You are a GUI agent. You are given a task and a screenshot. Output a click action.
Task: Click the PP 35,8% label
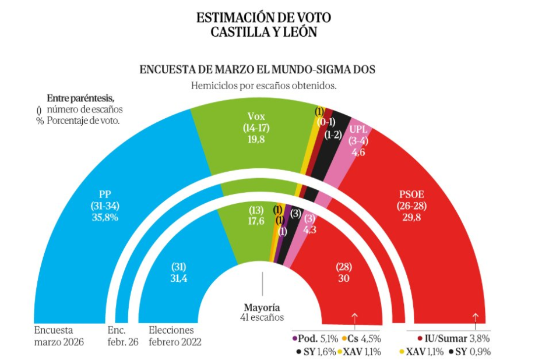tap(105, 206)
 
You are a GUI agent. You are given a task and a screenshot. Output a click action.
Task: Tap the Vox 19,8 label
tap(256, 127)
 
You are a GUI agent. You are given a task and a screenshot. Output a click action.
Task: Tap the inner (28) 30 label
tap(344, 271)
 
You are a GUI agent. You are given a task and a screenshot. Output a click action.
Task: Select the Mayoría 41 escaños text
tap(262, 312)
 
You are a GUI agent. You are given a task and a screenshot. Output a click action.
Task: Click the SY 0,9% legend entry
tap(470, 351)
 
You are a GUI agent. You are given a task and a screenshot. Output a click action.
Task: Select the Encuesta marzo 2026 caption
tap(59, 336)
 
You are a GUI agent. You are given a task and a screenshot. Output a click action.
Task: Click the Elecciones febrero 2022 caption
tap(175, 336)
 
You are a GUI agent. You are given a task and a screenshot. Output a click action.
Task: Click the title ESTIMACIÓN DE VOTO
tap(264, 18)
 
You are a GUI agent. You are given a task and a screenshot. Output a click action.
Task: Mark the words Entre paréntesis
tap(80, 97)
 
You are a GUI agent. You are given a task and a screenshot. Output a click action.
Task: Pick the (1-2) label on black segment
tap(333, 135)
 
